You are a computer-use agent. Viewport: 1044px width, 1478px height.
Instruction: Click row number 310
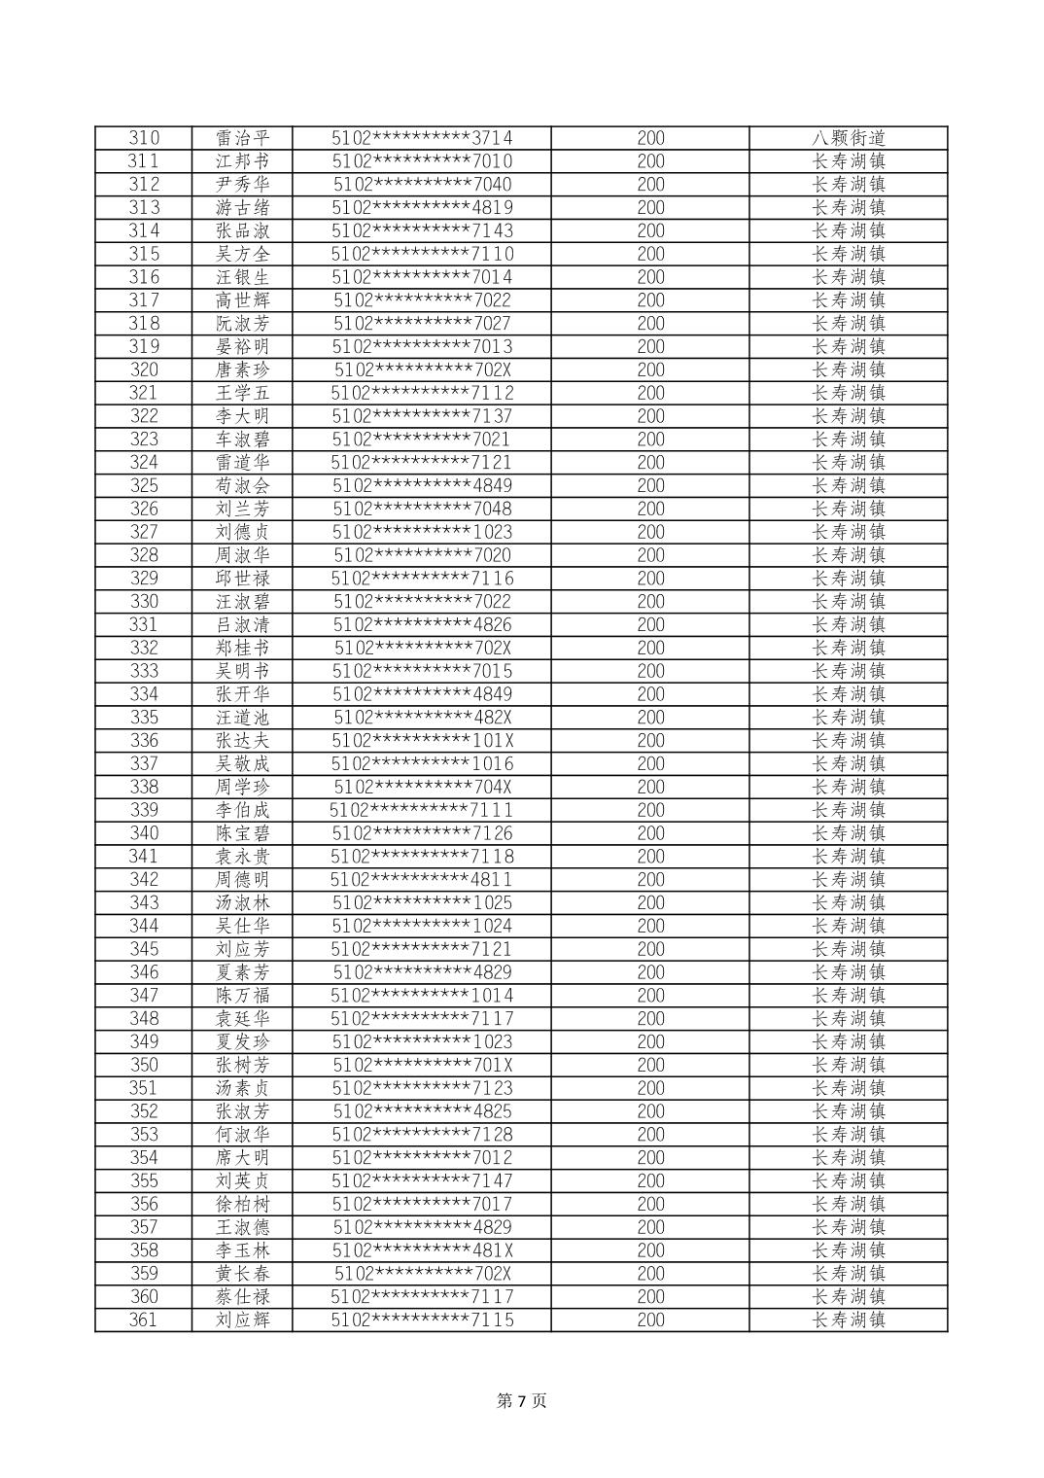(143, 138)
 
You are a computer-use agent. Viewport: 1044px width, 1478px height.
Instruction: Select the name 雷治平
(242, 138)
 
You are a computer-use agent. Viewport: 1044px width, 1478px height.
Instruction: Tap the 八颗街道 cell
(848, 138)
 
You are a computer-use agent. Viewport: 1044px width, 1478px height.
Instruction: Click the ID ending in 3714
(422, 138)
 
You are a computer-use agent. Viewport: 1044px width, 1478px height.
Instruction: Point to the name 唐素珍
(242, 369)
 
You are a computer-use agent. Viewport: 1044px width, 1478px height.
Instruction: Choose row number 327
(143, 532)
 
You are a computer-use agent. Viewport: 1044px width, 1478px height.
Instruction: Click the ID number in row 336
(422, 741)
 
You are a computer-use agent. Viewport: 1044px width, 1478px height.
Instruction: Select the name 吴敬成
(242, 764)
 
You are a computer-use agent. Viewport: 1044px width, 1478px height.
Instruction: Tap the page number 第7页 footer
(522, 1401)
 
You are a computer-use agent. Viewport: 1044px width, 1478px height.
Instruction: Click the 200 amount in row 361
(650, 1320)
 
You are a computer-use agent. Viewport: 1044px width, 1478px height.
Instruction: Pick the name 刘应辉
(242, 1320)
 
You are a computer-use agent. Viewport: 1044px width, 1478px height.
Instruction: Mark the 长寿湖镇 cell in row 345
(848, 949)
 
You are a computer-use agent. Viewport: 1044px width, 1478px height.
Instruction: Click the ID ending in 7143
(422, 230)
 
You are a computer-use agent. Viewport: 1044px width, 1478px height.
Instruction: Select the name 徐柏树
(242, 1204)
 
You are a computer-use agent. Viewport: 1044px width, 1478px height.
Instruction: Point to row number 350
(143, 1065)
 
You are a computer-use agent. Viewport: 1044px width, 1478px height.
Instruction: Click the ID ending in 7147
(422, 1180)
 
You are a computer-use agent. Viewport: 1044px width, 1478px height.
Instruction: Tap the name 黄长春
(242, 1274)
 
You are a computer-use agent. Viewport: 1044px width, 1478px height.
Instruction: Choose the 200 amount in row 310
(650, 138)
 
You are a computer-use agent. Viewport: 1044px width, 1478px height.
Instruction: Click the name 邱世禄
(242, 579)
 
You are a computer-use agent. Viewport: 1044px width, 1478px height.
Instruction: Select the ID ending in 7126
(422, 833)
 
